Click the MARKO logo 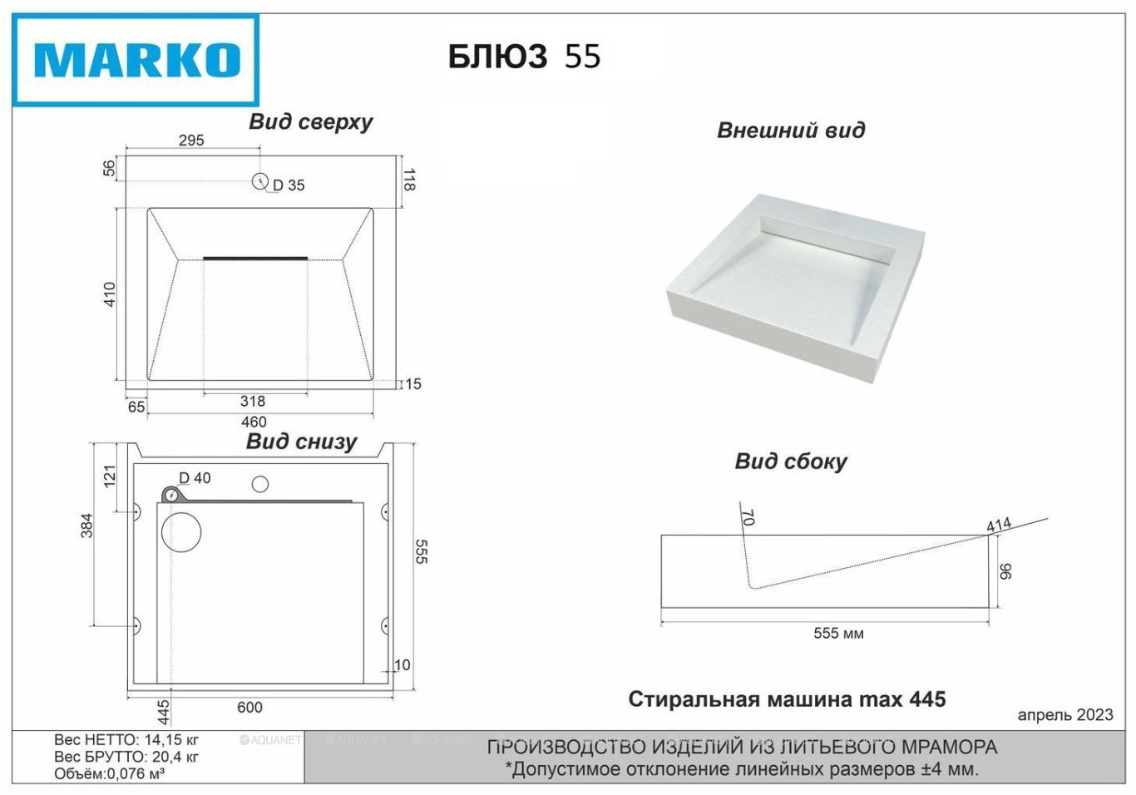tap(136, 60)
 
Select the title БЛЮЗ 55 tap(525, 57)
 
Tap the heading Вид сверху tap(310, 122)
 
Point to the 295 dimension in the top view tap(191, 140)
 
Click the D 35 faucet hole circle tap(259, 180)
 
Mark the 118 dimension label tap(409, 180)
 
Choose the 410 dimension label tap(109, 294)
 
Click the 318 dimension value tap(253, 402)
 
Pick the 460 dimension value tap(254, 422)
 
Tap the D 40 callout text tap(195, 477)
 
